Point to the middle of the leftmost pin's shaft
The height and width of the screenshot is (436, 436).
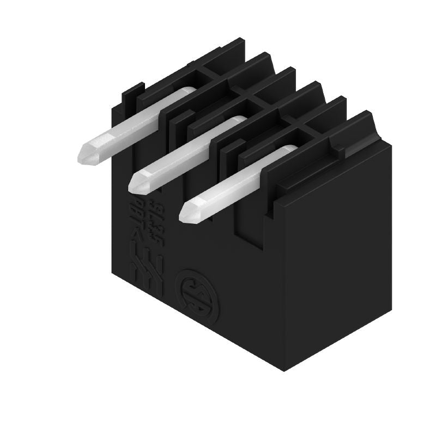tap(136, 122)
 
